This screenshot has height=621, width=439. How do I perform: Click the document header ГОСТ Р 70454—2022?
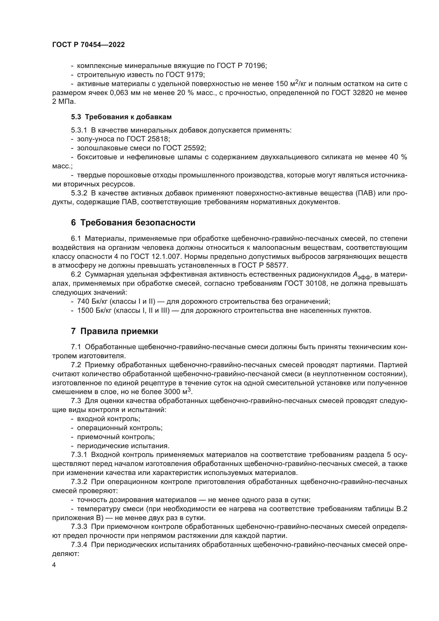[x=88, y=45]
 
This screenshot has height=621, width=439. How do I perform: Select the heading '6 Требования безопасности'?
[x=133, y=222]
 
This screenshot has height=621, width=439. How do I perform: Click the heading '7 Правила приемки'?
[x=115, y=331]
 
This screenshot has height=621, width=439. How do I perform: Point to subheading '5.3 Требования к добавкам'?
[x=121, y=117]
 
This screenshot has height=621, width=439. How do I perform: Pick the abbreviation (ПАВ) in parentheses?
[x=365, y=193]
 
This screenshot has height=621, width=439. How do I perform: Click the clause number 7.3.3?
[x=79, y=526]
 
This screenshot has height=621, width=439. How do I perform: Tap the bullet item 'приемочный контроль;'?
[x=116, y=436]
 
